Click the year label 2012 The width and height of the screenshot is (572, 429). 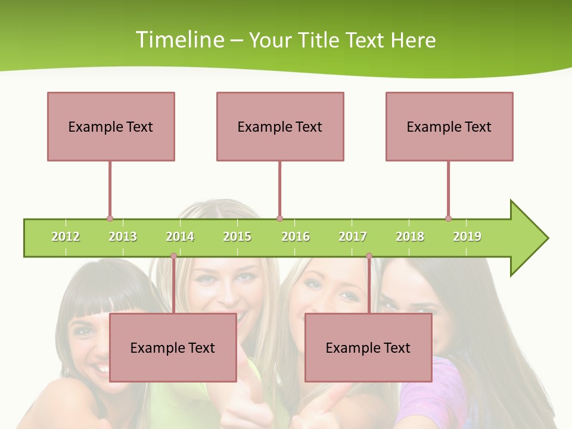pyautogui.click(x=66, y=237)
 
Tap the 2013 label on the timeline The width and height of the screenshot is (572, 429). pyautogui.click(x=123, y=237)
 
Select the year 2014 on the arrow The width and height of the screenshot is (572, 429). pyautogui.click(x=180, y=237)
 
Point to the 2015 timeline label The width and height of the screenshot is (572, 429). pyautogui.click(x=237, y=237)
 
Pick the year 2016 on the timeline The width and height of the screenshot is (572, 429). pyautogui.click(x=296, y=237)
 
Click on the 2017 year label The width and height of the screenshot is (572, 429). pyautogui.click(x=353, y=237)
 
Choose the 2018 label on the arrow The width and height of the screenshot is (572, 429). pyautogui.click(x=410, y=237)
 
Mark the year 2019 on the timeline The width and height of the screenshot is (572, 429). pyautogui.click(x=467, y=237)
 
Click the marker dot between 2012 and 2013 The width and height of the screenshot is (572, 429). pyautogui.click(x=110, y=218)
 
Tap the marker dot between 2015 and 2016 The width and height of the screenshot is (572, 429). pyautogui.click(x=279, y=218)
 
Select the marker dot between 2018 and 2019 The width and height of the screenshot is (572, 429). pyautogui.click(x=448, y=218)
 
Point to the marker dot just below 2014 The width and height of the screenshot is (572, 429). pyautogui.click(x=173, y=256)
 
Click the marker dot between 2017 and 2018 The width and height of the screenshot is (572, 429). pyautogui.click(x=369, y=256)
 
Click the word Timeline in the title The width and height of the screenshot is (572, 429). pyautogui.click(x=178, y=40)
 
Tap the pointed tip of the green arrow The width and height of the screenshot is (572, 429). pyautogui.click(x=546, y=238)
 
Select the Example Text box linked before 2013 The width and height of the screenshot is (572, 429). pyautogui.click(x=111, y=126)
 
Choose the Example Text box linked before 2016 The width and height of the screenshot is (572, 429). pyautogui.click(x=280, y=126)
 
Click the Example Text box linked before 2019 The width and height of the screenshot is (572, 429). pyautogui.click(x=449, y=126)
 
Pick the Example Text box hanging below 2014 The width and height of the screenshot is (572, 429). pyautogui.click(x=173, y=347)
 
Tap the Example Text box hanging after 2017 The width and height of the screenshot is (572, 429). pyautogui.click(x=368, y=347)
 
